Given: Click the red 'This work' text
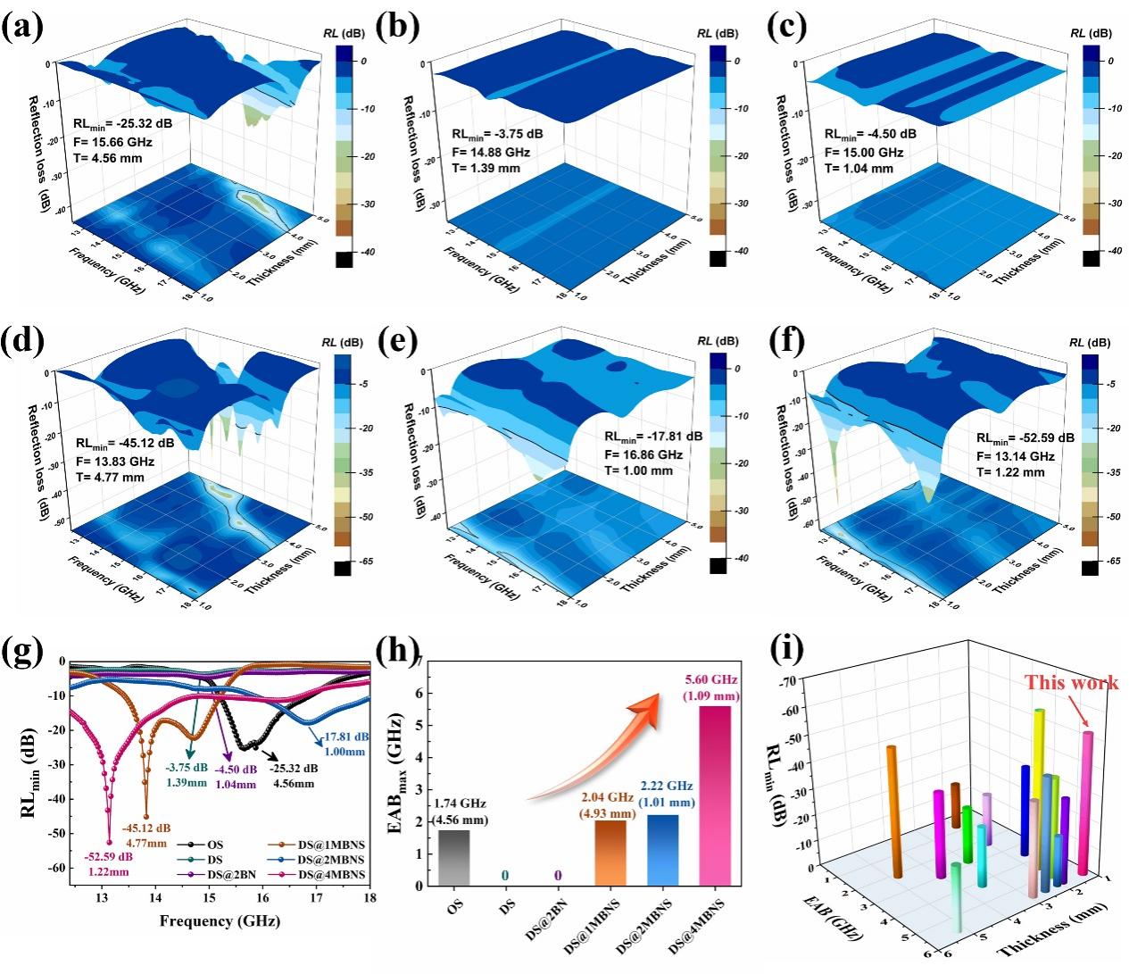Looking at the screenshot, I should [1071, 683].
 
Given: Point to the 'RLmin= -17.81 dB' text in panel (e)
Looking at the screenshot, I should [652, 437].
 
